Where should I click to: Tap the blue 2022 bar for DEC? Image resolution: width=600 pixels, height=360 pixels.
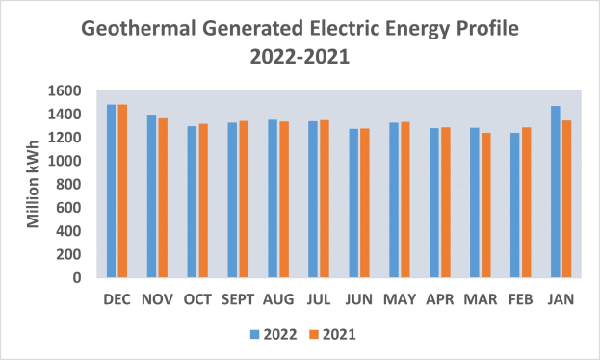tap(112, 192)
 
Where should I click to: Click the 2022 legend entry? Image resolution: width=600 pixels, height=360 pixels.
tap(270, 334)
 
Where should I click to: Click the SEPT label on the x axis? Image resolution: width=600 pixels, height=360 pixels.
tap(238, 299)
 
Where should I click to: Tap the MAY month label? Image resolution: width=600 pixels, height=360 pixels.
tap(399, 299)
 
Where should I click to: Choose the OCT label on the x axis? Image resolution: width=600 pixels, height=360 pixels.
tap(197, 299)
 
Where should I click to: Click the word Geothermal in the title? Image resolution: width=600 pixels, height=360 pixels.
tap(141, 29)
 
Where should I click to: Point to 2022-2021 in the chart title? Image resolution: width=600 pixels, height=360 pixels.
tap(300, 57)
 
